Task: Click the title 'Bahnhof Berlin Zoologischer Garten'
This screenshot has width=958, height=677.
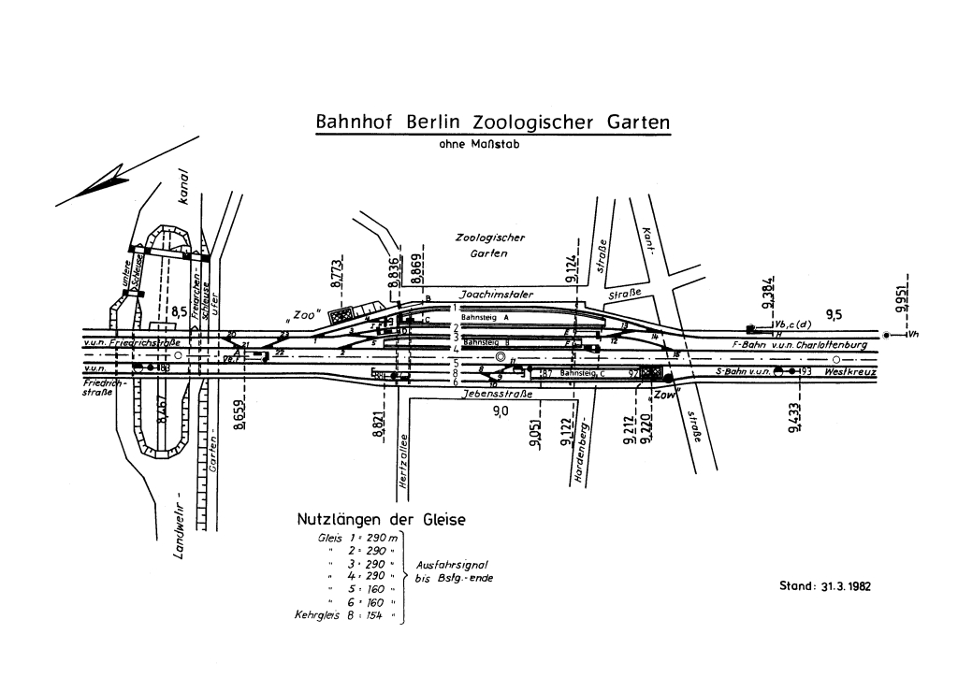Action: pos(493,122)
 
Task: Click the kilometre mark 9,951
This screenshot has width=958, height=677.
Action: pos(899,296)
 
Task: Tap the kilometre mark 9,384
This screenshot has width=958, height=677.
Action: pos(767,293)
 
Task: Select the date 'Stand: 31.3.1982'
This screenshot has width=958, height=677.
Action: pos(824,586)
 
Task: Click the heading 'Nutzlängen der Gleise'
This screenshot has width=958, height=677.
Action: pos(380,520)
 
